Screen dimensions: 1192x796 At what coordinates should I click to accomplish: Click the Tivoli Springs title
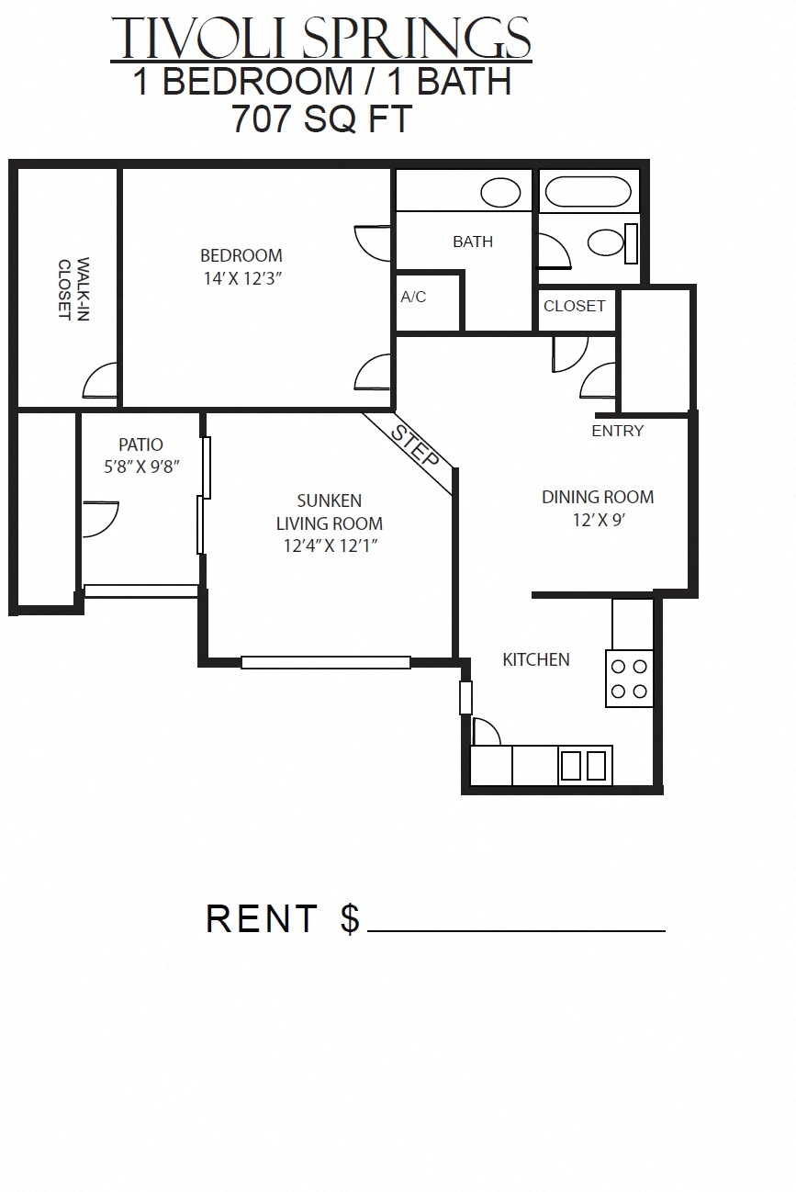(x=320, y=39)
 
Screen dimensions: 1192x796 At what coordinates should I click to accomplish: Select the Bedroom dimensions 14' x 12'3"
(x=241, y=277)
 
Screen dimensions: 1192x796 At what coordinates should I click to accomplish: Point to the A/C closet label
(x=413, y=298)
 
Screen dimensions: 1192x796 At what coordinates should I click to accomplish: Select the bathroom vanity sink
(x=501, y=193)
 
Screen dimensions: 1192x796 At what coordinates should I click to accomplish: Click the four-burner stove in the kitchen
(x=629, y=679)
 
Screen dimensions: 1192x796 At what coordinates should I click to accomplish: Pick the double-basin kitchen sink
(x=584, y=765)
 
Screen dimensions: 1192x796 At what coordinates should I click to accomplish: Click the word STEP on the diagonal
(x=415, y=447)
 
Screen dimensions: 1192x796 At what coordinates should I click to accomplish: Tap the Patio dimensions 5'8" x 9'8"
(x=140, y=467)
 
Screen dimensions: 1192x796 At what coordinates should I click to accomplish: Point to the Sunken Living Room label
(x=329, y=512)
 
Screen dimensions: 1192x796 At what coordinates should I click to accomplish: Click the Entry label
(x=617, y=431)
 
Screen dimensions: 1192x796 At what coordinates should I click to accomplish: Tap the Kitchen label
(x=536, y=659)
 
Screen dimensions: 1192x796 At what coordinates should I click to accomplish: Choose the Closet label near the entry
(x=574, y=306)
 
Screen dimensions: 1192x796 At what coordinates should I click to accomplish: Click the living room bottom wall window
(x=325, y=662)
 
